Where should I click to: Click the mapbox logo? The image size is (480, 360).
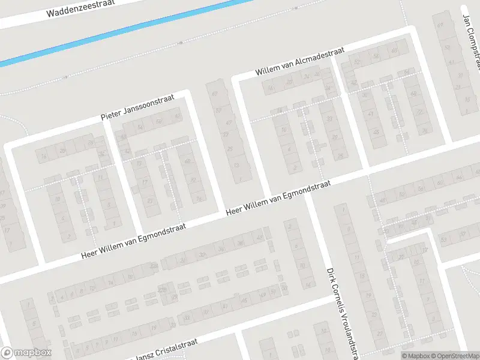pos(26,353)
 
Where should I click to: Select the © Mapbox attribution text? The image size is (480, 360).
pos(415,356)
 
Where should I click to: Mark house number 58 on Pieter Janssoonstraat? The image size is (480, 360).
pos(159,122)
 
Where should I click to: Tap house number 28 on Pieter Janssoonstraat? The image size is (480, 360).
pos(63,150)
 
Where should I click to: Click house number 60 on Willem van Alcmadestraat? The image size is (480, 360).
pos(395,52)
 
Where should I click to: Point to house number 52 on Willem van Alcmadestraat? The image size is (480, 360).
pos(358,62)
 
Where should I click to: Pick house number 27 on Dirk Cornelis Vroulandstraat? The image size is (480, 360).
pos(379,334)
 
